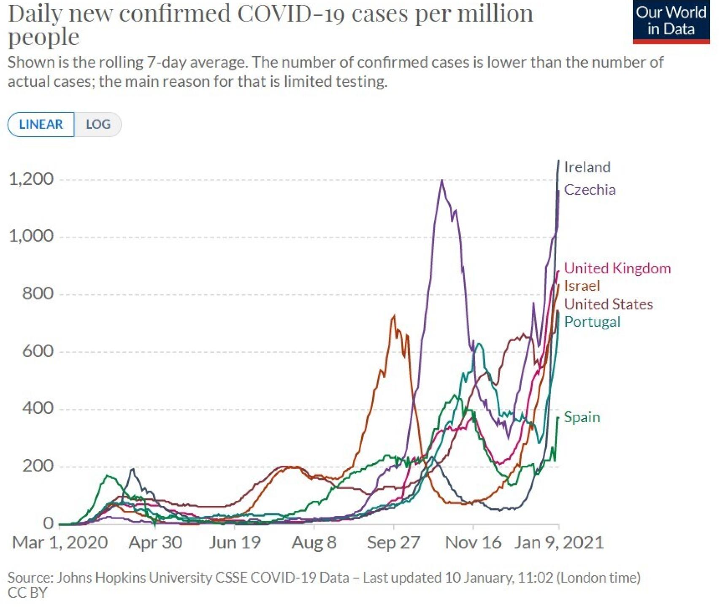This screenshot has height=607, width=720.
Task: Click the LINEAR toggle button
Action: pyautogui.click(x=41, y=124)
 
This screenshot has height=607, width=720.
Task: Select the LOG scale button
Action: pyautogui.click(x=98, y=124)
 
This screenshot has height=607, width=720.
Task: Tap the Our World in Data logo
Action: pyautogui.click(x=671, y=21)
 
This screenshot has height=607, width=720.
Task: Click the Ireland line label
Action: pyautogui.click(x=587, y=167)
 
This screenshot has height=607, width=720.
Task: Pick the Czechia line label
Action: pyautogui.click(x=590, y=190)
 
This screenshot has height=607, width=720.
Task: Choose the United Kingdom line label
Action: pyautogui.click(x=617, y=268)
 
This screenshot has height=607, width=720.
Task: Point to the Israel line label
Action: pyautogui.click(x=582, y=286)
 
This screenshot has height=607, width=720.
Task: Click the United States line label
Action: pyautogui.click(x=608, y=304)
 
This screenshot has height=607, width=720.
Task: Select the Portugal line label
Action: pyautogui.click(x=592, y=322)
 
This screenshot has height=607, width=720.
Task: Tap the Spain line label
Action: pyautogui.click(x=582, y=417)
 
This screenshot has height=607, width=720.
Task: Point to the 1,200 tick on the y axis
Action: pyautogui.click(x=32, y=179)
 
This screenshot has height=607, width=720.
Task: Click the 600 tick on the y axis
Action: pyautogui.click(x=38, y=351)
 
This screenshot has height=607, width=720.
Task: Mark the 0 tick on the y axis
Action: pyautogui.click(x=49, y=523)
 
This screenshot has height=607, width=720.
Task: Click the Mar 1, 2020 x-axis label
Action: pyautogui.click(x=60, y=542)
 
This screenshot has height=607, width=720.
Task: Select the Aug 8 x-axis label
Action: pyautogui.click(x=314, y=542)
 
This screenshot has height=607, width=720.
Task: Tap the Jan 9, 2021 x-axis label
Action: pyautogui.click(x=559, y=542)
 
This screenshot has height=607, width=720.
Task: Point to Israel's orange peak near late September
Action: pyautogui.click(x=394, y=316)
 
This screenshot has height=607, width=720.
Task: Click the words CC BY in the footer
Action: pyautogui.click(x=27, y=593)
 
